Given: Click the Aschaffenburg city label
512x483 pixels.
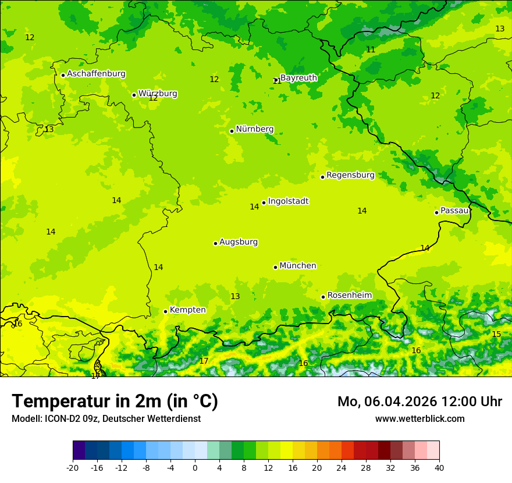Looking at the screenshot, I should (96, 74).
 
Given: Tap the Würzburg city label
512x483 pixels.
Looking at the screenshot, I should (158, 94).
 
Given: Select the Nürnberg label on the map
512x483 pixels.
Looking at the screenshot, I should (255, 129).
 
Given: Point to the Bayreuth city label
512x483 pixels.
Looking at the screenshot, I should (298, 78).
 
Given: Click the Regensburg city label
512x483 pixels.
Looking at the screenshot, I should (350, 175).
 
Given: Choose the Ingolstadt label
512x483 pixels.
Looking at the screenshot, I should (288, 201).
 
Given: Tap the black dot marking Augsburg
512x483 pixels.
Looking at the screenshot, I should (215, 243).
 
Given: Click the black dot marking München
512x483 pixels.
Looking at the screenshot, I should (276, 267).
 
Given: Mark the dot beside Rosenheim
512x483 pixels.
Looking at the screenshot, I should (323, 297).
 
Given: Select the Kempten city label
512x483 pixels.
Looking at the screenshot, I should (187, 310).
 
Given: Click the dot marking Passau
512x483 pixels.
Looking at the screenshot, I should (436, 212).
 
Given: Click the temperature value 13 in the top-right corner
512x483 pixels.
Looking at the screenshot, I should (500, 29).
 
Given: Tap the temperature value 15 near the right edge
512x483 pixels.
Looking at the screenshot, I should (496, 334).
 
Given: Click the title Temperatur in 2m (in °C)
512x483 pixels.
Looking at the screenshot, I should (115, 402).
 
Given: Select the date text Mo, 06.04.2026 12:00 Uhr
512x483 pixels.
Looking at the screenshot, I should (419, 402).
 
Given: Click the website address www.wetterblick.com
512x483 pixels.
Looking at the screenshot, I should (419, 418).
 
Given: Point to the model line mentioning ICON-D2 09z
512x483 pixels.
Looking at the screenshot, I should (106, 418).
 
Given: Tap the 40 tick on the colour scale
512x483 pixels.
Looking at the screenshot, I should (439, 467).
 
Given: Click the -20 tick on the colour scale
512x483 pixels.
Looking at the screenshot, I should (73, 467).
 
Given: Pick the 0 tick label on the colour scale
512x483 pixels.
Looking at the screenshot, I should (195, 467).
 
